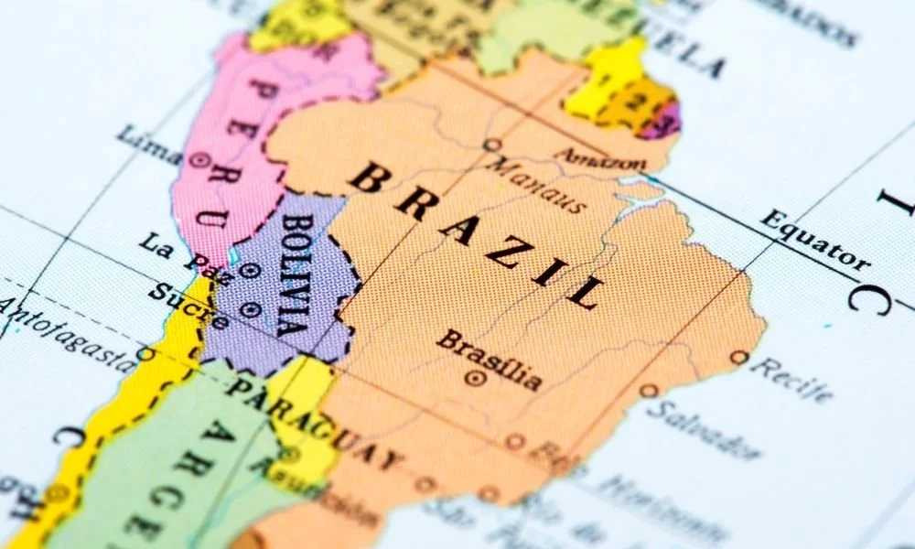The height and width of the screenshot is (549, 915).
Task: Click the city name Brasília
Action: (489, 357)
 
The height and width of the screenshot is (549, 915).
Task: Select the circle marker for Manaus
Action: (491, 145)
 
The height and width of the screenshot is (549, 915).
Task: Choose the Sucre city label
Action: (188, 307)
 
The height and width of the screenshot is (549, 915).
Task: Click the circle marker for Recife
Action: (738, 357)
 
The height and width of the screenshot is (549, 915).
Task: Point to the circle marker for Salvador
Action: (648, 391)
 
